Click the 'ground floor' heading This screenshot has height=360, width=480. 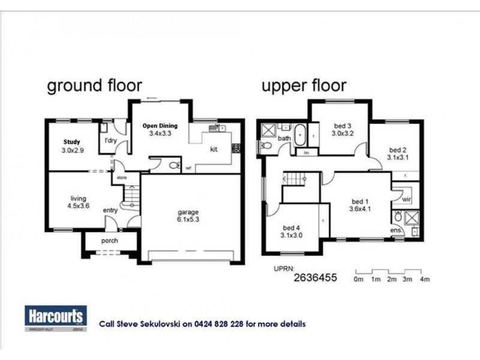tap(94, 86)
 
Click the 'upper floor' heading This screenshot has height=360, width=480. tap(303, 86)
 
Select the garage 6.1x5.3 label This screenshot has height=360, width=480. tap(187, 216)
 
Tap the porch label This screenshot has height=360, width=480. tap(109, 241)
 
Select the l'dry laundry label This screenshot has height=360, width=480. tap(110, 141)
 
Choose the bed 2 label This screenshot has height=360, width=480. tap(398, 154)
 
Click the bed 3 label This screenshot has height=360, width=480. tap(343, 130)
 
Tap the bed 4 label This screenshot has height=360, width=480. tap(291, 232)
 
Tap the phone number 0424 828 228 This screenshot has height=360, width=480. tap(223, 324)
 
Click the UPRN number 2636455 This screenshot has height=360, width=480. tap(316, 278)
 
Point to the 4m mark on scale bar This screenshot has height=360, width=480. tap(425, 280)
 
